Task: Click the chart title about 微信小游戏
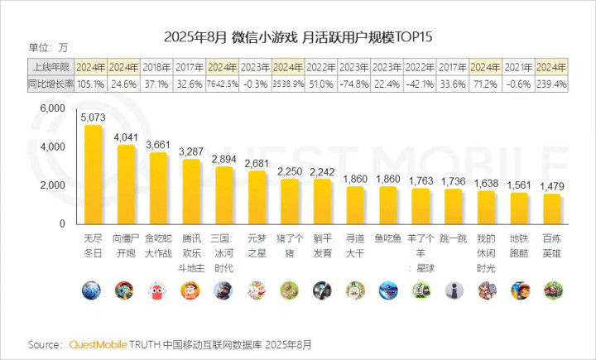click(x=299, y=37)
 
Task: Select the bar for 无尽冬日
click(x=93, y=174)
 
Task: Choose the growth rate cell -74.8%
click(x=354, y=84)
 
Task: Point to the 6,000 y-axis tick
click(x=52, y=108)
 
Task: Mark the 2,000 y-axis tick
click(x=52, y=185)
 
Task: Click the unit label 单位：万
click(x=48, y=46)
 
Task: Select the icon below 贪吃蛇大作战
click(x=158, y=290)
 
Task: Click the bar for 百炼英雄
click(x=552, y=209)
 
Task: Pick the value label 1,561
click(x=519, y=186)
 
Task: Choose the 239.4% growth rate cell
click(x=552, y=84)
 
